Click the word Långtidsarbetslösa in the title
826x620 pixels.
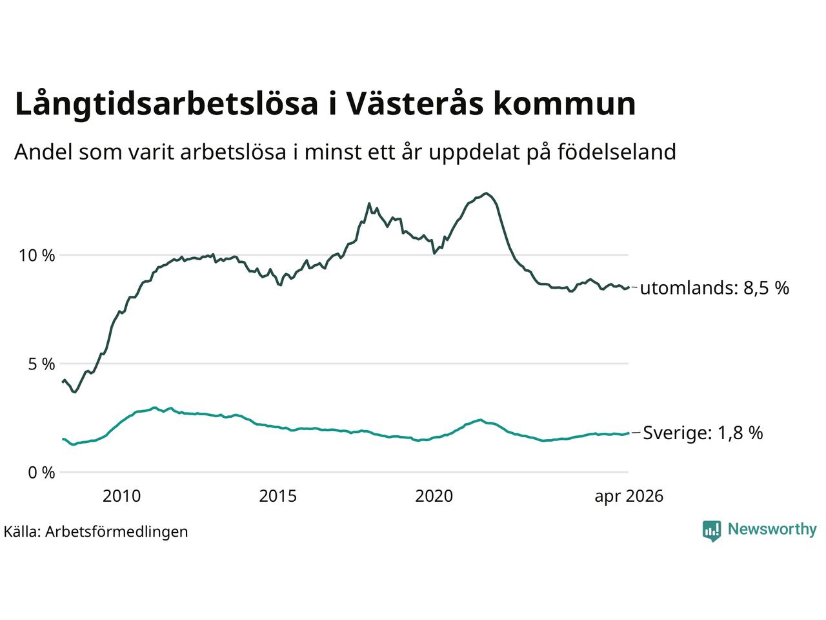(x=166, y=104)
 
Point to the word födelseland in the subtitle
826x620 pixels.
(x=617, y=152)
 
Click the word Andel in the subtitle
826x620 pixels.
(x=43, y=152)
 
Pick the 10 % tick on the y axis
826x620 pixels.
(x=37, y=256)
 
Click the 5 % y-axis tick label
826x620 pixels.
(x=41, y=364)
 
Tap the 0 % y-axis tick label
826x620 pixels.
(x=41, y=473)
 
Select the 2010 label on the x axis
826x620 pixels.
(x=121, y=496)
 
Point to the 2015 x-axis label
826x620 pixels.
(x=277, y=496)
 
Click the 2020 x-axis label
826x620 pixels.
(x=434, y=496)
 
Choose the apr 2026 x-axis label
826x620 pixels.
(x=629, y=497)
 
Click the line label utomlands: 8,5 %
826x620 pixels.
(x=714, y=288)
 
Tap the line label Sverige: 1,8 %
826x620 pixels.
(x=703, y=433)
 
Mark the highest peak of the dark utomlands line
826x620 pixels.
(x=487, y=193)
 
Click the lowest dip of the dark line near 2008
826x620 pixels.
(x=76, y=392)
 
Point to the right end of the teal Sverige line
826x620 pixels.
(x=629, y=433)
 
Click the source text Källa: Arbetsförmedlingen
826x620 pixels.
(x=96, y=532)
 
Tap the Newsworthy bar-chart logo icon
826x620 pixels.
(x=711, y=530)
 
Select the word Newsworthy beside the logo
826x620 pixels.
(x=772, y=530)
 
